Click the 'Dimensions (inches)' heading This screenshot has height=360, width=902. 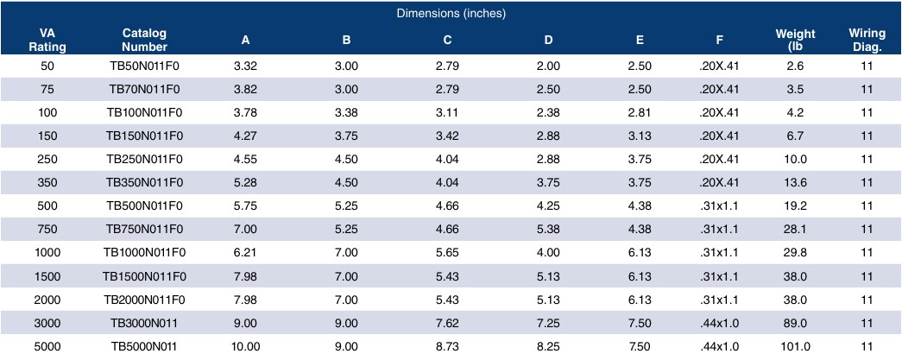point(451,14)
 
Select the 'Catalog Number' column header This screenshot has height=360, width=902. point(144,41)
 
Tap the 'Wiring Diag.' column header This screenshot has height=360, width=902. point(867,41)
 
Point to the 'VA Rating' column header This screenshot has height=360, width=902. point(47,41)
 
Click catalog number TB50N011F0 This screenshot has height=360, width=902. point(144,66)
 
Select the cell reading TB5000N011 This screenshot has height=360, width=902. point(144,346)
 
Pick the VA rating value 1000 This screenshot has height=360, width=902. point(47,253)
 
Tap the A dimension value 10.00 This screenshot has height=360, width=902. point(246,346)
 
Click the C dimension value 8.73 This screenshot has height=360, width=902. point(448,346)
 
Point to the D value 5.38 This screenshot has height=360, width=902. point(548,230)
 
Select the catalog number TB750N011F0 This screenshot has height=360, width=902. point(144,230)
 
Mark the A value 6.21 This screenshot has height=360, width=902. point(246,253)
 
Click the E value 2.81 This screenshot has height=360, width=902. point(640,113)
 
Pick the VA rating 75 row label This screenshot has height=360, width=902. point(47,90)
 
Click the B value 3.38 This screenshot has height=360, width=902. point(346,113)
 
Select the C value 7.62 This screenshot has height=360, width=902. point(448,323)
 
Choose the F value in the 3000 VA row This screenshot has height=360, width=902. point(720,323)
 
